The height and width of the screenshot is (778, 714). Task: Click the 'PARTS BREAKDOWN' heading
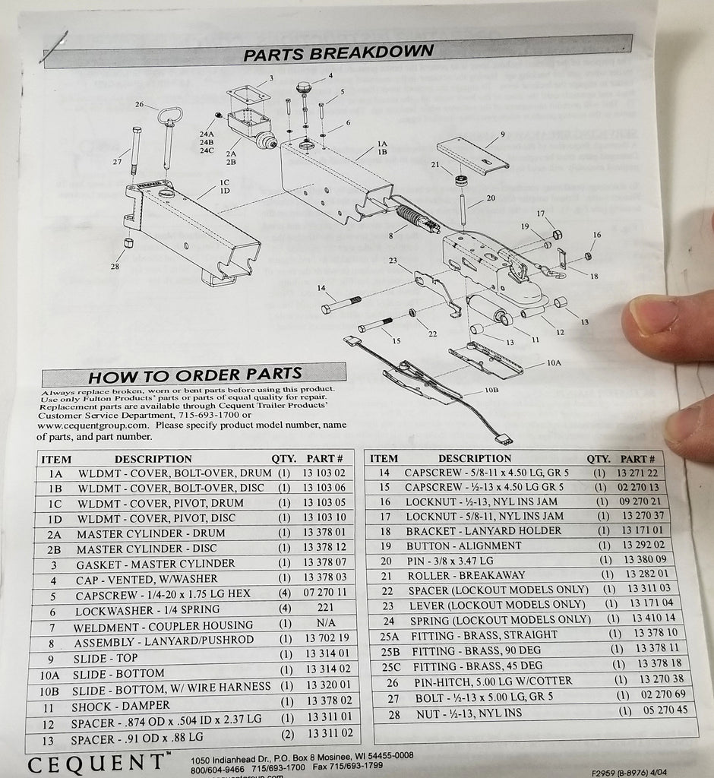tap(339, 52)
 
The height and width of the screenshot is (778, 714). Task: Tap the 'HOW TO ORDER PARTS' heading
tap(194, 374)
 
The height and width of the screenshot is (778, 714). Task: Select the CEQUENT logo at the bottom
tap(96, 761)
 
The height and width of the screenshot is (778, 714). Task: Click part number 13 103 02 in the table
tap(324, 473)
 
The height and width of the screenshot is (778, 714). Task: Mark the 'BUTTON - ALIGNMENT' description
tap(463, 545)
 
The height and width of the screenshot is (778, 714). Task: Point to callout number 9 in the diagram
tap(502, 134)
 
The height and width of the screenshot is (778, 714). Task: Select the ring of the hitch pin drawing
tap(169, 116)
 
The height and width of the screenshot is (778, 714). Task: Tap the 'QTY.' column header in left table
tap(284, 459)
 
